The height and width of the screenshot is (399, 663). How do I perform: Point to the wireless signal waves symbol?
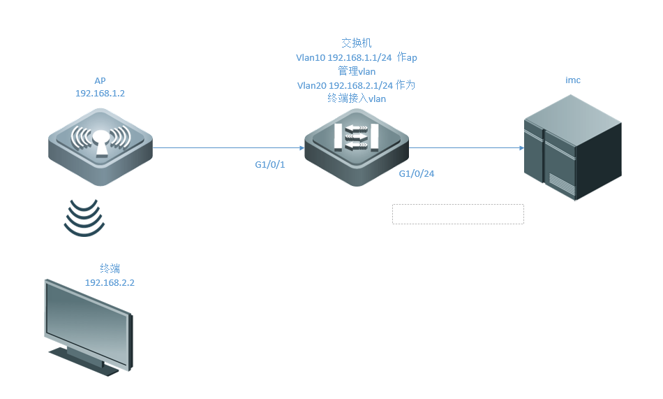pyautogui.click(x=84, y=217)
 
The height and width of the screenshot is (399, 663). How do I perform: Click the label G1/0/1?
pyautogui.click(x=270, y=166)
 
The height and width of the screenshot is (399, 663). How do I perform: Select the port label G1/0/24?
pyautogui.click(x=417, y=173)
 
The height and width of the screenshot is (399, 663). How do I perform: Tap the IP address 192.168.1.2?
pyautogui.click(x=100, y=93)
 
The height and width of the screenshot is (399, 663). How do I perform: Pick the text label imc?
pyautogui.click(x=572, y=80)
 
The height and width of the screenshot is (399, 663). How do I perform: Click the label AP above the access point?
pyautogui.click(x=100, y=80)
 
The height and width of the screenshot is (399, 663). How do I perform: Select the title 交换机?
pyautogui.click(x=357, y=43)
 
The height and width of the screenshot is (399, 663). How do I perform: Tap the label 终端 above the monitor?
pyautogui.click(x=110, y=268)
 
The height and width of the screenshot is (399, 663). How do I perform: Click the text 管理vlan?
pyautogui.click(x=357, y=71)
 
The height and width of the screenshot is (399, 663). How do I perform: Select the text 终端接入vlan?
pyautogui.click(x=357, y=99)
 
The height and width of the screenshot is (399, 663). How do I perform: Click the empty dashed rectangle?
pyautogui.click(x=458, y=214)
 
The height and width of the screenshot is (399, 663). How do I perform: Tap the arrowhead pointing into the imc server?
pyautogui.click(x=521, y=148)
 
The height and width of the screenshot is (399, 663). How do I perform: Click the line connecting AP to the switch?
pyautogui.click(x=223, y=148)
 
